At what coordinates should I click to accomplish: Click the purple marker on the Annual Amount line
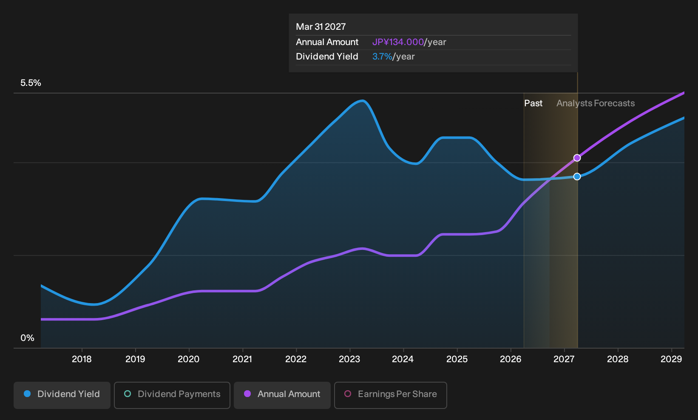[577, 158]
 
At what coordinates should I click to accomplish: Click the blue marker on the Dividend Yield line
[577, 177]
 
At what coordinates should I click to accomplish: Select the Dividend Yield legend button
[62, 395]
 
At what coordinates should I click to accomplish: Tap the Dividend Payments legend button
[172, 395]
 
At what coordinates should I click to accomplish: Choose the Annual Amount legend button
[282, 395]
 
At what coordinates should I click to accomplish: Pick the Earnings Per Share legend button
[390, 395]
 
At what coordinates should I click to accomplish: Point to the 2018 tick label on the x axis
[82, 359]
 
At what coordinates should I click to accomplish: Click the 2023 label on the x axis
[349, 359]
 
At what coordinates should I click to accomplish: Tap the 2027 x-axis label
[564, 359]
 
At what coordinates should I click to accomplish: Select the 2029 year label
[671, 359]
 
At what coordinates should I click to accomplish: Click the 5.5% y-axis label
[31, 83]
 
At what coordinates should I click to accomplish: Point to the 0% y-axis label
[28, 338]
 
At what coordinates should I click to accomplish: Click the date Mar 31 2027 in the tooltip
[321, 27]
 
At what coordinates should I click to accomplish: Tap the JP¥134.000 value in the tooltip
[398, 42]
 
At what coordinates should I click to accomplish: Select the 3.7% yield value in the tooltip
[382, 57]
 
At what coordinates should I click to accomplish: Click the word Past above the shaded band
[533, 103]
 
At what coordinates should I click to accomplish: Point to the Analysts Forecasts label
[596, 103]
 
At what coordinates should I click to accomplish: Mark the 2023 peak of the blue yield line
[362, 100]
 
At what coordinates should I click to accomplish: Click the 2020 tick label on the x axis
[188, 359]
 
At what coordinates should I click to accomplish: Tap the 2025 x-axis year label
[457, 359]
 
